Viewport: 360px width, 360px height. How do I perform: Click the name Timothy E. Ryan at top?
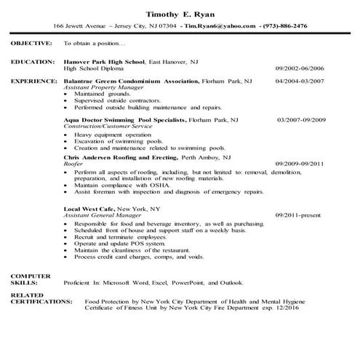coord(179,14)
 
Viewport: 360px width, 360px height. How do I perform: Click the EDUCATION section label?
coord(33,62)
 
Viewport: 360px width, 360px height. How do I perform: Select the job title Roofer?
coord(73,164)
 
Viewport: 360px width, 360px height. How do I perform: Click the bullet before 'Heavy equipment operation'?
coord(66,135)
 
